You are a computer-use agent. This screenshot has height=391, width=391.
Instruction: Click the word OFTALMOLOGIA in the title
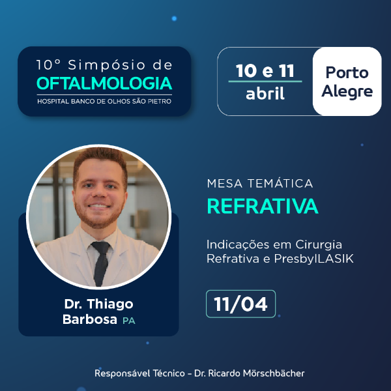tap(105, 84)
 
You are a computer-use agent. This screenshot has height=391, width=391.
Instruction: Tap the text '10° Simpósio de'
tap(105, 65)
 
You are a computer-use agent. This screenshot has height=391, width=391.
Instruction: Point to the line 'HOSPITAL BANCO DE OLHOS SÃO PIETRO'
tap(105, 101)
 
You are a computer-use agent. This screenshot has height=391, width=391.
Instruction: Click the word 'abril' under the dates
tap(265, 93)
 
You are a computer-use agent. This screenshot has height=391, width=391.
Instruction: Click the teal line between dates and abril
tap(265, 81)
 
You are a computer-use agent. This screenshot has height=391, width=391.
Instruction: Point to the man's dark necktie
tap(100, 261)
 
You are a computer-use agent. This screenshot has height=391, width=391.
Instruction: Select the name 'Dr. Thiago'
tap(98, 305)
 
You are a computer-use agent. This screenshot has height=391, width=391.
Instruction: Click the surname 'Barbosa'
tap(90, 319)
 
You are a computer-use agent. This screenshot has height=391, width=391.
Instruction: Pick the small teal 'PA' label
tap(129, 321)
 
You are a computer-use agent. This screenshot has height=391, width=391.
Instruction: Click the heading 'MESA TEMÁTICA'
tap(259, 184)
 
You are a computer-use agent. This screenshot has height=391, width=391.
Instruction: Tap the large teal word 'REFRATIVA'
tap(262, 206)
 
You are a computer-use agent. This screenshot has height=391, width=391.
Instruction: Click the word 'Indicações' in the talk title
tap(231, 244)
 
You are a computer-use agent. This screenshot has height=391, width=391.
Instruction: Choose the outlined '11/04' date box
tap(240, 304)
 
